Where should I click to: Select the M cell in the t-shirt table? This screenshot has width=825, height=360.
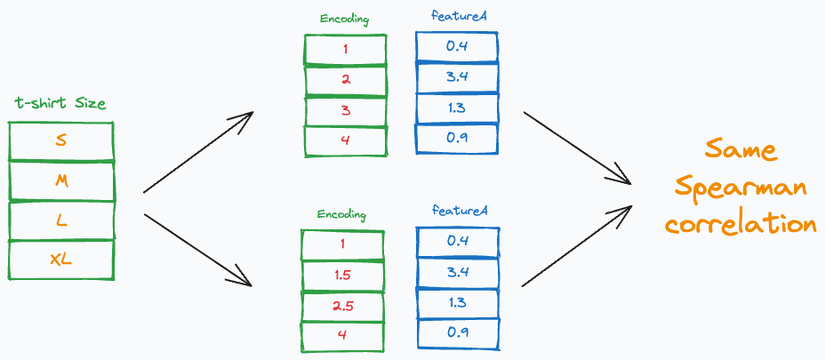click(x=60, y=181)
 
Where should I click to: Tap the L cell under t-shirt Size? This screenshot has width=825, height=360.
click(x=60, y=220)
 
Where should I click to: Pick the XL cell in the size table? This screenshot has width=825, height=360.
click(x=60, y=260)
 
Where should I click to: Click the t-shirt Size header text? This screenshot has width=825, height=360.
click(x=60, y=104)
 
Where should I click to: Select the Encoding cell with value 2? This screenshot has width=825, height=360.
click(x=345, y=79)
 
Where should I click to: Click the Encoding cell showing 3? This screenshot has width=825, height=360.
click(x=345, y=110)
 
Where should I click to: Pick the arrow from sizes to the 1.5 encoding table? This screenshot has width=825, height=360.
click(x=198, y=250)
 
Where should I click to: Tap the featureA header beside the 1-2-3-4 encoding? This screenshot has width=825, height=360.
click(x=456, y=19)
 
